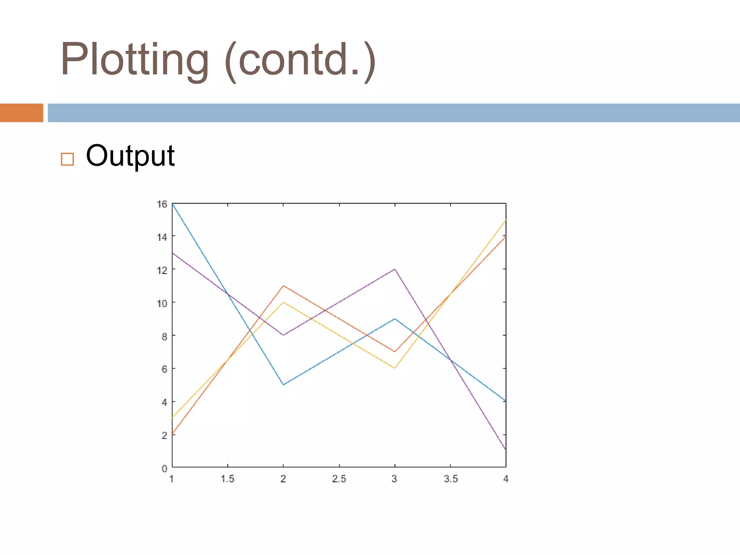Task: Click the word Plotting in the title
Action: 134,60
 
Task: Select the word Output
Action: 130,156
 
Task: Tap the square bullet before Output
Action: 68,159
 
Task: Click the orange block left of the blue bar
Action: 21,113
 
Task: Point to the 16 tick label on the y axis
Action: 162,204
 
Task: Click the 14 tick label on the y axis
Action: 162,237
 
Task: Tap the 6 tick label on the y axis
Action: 164,369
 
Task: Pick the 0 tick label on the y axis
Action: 164,469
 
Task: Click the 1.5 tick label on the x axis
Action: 228,479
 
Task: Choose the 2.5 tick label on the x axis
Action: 339,479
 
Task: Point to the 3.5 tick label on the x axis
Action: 451,479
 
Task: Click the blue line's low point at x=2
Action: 283,384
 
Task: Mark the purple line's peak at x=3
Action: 395,269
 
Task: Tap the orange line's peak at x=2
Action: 283,286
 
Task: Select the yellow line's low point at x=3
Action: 395,368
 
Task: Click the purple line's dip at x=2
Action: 283,335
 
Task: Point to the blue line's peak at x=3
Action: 395,319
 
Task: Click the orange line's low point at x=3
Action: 395,352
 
